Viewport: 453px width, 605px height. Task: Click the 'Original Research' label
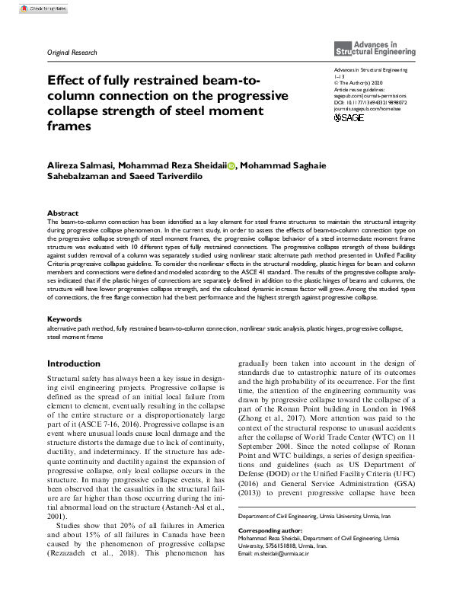(x=72, y=53)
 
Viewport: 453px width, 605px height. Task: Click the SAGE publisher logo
(x=349, y=117)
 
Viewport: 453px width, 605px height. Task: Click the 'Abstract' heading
(x=62, y=213)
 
